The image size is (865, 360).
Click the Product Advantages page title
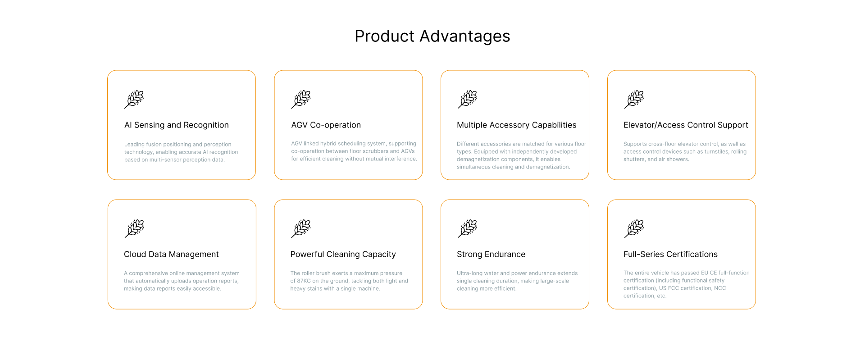[432, 36]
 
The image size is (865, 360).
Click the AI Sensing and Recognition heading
[177, 125]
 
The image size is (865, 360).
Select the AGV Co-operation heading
[326, 125]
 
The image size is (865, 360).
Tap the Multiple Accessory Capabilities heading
[517, 125]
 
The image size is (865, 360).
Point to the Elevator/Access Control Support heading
[686, 125]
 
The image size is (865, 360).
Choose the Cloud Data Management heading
[171, 254]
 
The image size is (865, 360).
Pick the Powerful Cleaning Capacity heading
[343, 254]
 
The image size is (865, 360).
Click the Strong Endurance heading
[491, 254]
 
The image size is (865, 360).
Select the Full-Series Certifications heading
[670, 254]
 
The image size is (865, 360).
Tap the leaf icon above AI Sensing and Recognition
[134, 99]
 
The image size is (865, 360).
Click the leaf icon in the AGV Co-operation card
[301, 99]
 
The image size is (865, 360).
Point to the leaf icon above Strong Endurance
[468, 228]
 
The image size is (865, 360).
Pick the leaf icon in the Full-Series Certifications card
[634, 228]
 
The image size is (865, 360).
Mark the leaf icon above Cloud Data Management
[134, 228]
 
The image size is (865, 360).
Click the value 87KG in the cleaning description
[304, 281]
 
